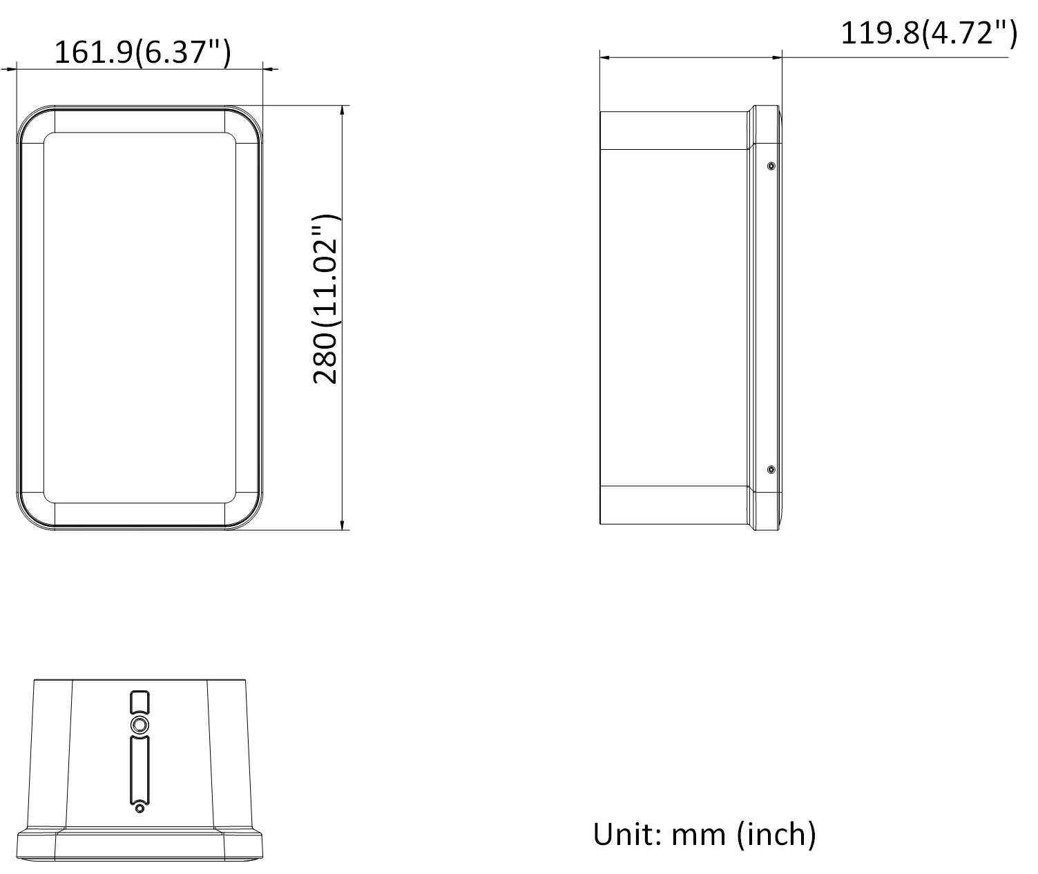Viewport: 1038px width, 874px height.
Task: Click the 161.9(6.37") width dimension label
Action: pyautogui.click(x=143, y=52)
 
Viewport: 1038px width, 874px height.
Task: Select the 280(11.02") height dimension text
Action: pyautogui.click(x=325, y=299)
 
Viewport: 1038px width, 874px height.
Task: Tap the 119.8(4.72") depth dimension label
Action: pyautogui.click(x=929, y=34)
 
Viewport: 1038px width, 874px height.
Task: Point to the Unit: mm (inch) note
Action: pyautogui.click(x=704, y=834)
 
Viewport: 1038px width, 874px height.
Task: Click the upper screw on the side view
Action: pyautogui.click(x=771, y=166)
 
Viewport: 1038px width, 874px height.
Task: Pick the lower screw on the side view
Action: pyautogui.click(x=771, y=469)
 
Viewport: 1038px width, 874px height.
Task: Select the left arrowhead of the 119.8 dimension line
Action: pyautogui.click(x=605, y=57)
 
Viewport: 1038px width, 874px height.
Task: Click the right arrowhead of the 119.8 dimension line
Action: pyautogui.click(x=776, y=57)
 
